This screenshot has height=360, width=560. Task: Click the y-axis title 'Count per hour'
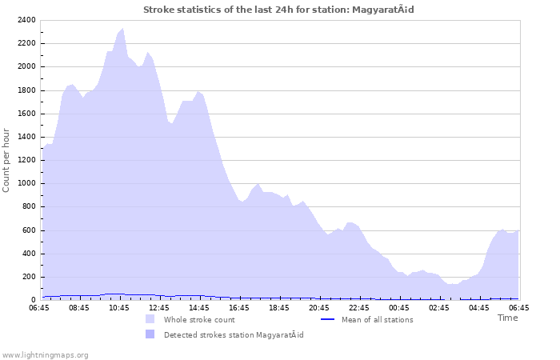tap(7, 159)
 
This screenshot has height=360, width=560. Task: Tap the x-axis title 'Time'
tap(507, 318)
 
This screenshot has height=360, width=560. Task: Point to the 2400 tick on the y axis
tap(26, 20)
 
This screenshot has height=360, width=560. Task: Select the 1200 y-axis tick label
tap(26, 160)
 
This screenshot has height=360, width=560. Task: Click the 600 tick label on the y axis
tap(29, 230)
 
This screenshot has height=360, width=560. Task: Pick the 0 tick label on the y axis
tap(33, 300)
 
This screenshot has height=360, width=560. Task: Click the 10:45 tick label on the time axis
tap(119, 307)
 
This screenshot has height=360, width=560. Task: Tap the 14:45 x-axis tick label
tap(199, 307)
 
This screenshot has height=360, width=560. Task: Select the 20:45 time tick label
tap(319, 307)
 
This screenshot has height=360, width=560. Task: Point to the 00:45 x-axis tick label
tap(399, 307)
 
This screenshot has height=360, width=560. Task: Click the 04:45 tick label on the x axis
tap(479, 307)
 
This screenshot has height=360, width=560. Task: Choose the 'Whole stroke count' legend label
tap(199, 320)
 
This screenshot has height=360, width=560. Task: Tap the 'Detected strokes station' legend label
tap(234, 334)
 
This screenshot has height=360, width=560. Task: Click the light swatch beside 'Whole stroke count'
tap(150, 319)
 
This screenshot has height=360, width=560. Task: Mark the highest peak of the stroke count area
tap(122, 28)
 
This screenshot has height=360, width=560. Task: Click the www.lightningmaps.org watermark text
tap(45, 354)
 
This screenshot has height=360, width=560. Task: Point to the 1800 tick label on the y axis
tap(26, 90)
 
